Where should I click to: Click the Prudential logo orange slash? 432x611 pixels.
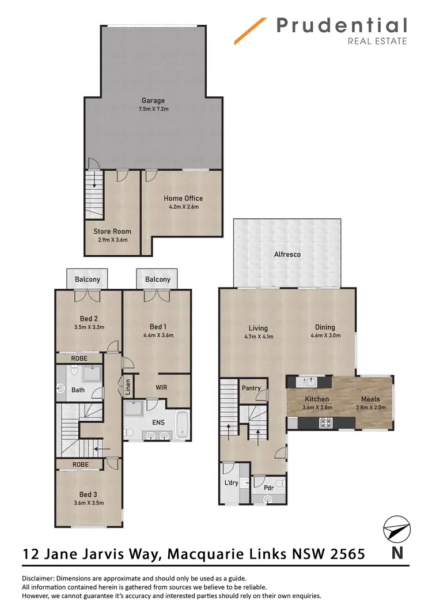click(x=250, y=31)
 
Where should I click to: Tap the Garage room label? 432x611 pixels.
click(x=153, y=100)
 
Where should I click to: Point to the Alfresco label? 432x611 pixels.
click(x=287, y=254)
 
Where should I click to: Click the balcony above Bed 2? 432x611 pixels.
click(x=88, y=279)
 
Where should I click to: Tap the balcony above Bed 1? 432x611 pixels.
click(x=157, y=279)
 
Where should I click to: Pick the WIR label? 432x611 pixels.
click(x=161, y=387)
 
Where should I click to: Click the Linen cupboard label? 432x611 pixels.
click(x=128, y=386)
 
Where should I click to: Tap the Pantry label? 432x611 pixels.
click(x=252, y=388)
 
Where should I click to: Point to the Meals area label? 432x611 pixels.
click(x=370, y=399)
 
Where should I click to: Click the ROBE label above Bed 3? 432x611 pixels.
click(x=80, y=463)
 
